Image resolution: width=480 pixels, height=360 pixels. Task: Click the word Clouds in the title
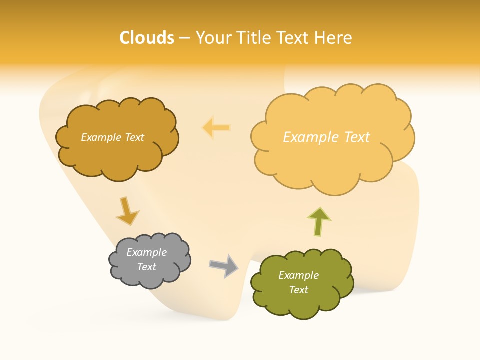[x=147, y=38]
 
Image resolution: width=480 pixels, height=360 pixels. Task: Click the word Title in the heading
[x=253, y=38]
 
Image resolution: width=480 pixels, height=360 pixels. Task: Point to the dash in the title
[x=184, y=38]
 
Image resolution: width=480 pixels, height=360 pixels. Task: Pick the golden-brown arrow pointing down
[x=126, y=211]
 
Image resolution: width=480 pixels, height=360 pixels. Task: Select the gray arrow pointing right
[x=223, y=265]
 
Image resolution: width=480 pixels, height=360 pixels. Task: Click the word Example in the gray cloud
[x=146, y=252]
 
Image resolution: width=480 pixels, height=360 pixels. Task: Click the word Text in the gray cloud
[x=146, y=267]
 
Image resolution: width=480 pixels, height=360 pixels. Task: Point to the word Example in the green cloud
[x=298, y=275]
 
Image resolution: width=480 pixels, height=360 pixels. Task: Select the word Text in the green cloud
[x=298, y=290]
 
